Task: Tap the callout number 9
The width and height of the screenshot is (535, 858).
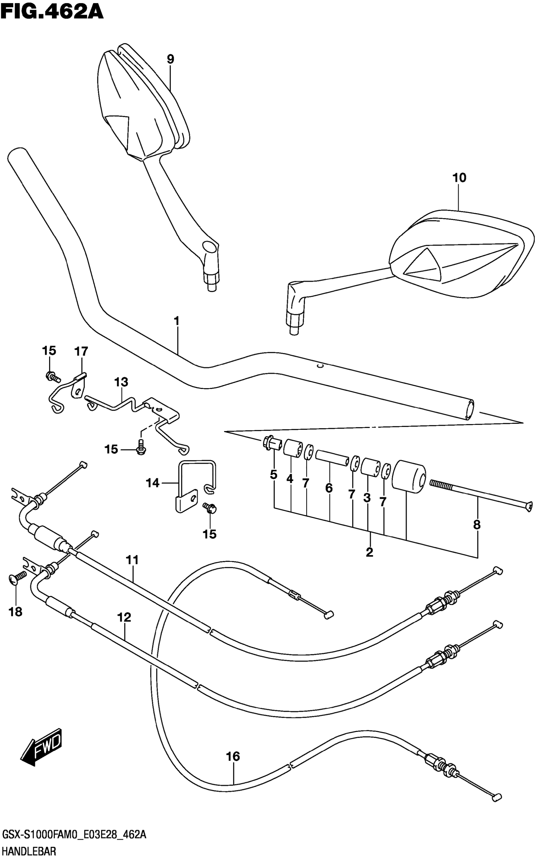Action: (x=171, y=59)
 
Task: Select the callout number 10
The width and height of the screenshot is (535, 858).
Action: (x=459, y=178)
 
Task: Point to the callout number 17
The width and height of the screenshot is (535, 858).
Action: (x=81, y=351)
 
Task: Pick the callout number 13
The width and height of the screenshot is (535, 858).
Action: (x=121, y=382)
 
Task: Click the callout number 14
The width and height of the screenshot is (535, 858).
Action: (x=153, y=483)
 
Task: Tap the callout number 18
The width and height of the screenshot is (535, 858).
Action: (x=15, y=612)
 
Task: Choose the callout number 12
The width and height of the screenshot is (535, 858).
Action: (x=125, y=618)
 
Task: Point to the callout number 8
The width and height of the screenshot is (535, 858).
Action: (x=476, y=524)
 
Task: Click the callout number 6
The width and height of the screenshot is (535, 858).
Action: (x=329, y=488)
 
